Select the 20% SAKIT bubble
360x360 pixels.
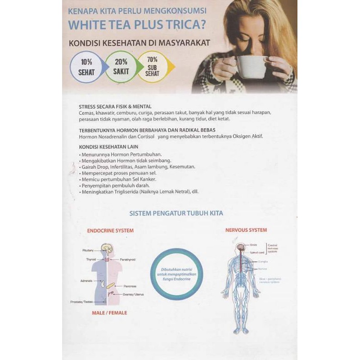121,66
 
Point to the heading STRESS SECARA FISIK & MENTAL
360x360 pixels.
115,107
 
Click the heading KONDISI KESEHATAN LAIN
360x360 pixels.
108,147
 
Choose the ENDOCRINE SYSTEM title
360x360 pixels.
110,231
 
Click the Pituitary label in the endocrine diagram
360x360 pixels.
88,250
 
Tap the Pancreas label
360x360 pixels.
130,286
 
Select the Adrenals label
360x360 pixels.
86,281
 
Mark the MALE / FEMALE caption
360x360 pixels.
109,313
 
